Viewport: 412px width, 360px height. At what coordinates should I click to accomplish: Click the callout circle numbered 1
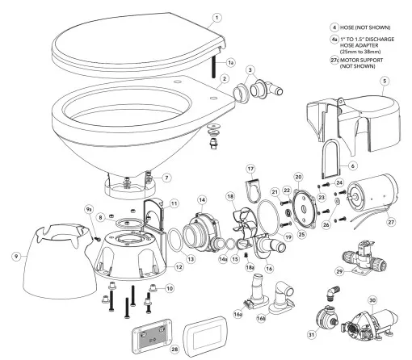[x=217, y=18]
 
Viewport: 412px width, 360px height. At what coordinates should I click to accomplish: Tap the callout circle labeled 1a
[x=230, y=63]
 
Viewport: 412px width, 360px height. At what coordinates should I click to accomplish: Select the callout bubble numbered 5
[x=385, y=81]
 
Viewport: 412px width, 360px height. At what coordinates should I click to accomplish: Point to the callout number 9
[x=16, y=257]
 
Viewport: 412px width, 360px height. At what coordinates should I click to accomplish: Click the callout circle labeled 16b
[x=261, y=318]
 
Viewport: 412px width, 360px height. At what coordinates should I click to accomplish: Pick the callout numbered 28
[x=174, y=350]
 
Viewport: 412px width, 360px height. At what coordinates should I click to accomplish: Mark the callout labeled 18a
[x=250, y=267]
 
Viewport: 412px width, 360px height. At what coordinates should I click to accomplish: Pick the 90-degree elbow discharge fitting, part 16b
[x=282, y=298]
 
